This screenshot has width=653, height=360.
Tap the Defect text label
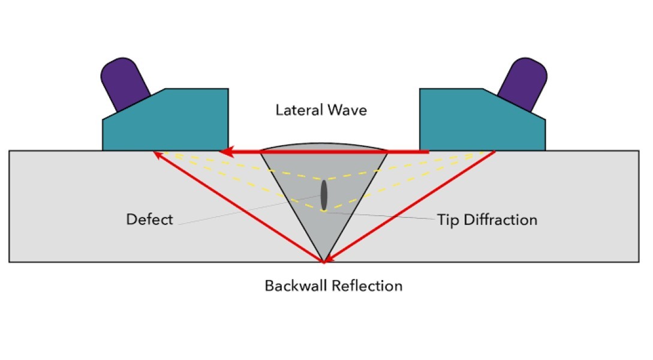tap(149, 220)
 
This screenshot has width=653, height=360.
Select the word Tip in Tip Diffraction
tap(447, 220)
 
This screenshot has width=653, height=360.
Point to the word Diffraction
tap(498, 220)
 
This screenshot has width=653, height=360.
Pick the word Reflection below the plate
tap(372, 285)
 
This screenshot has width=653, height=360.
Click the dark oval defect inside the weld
tap(324, 194)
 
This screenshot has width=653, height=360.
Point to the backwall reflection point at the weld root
tap(324, 262)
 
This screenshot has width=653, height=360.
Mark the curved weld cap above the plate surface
tap(324, 147)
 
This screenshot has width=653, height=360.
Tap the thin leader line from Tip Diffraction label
tap(384, 216)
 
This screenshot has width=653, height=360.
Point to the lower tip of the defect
tap(324, 209)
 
